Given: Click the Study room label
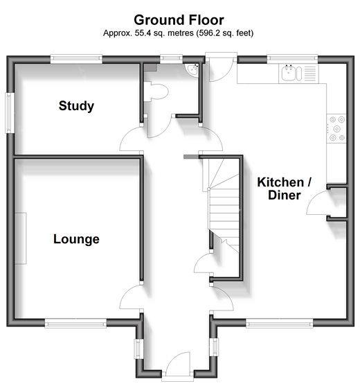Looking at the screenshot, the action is (76, 106).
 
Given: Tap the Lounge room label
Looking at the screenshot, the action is (76, 239).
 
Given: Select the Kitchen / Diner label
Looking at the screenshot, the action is (285, 188).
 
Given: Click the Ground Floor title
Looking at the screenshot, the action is (179, 20).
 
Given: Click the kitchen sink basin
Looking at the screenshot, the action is (288, 73).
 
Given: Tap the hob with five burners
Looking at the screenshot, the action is (336, 128).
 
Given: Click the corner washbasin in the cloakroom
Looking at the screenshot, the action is (192, 70).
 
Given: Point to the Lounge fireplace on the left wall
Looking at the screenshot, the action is (21, 238).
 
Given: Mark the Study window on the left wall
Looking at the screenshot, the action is (10, 113).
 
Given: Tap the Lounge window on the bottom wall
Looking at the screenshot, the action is (75, 323).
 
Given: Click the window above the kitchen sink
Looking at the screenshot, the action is (292, 59).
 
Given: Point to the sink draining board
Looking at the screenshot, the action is (310, 73).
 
